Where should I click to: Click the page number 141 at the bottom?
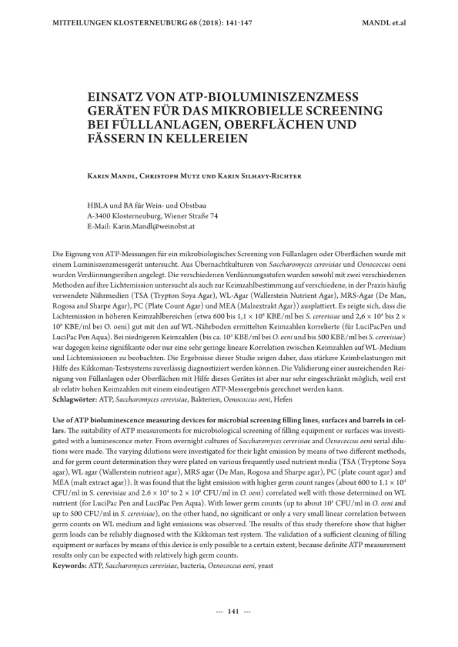coord(234,611)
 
